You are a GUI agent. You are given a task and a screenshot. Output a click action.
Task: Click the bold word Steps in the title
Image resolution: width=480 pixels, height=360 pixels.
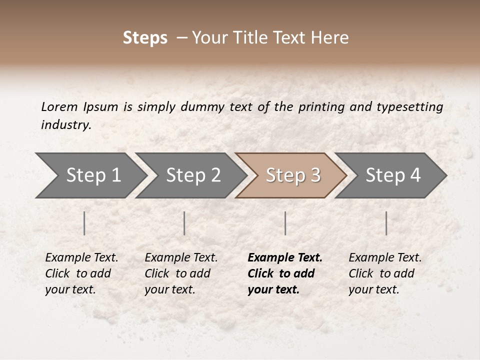pos(145,38)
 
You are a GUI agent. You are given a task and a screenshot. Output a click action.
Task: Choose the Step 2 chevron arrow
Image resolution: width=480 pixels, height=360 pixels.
pos(191,175)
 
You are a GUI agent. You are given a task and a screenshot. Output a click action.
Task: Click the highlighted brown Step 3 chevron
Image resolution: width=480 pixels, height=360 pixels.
pos(291,175)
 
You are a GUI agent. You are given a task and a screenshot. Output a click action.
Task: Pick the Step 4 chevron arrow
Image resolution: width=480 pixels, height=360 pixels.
pos(391,175)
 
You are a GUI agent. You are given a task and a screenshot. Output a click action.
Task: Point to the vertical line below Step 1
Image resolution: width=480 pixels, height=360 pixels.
pos(84,223)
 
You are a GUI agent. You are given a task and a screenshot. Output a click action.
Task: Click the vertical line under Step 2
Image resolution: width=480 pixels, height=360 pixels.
pos(184,223)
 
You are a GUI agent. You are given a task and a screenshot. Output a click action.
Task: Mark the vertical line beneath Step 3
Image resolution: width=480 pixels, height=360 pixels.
pos(285,223)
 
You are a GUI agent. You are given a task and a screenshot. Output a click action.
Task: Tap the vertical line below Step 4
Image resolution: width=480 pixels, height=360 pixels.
pos(386,223)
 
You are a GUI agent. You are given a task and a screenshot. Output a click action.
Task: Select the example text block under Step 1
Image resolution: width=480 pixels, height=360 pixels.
pos(81,273)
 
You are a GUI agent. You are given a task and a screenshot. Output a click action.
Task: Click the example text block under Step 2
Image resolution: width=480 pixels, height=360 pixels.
pos(181,273)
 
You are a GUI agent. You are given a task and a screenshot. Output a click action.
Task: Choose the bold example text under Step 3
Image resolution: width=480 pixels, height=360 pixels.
pos(285,273)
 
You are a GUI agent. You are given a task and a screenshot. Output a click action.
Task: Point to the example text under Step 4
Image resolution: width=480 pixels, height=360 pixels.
pos(385,273)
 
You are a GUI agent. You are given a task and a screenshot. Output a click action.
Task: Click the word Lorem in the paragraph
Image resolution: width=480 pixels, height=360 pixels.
pos(59,106)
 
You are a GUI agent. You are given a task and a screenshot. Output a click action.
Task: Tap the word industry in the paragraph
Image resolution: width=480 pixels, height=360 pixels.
pos(66,124)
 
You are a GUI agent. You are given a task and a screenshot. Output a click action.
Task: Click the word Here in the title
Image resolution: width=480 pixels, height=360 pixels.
pos(331,38)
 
